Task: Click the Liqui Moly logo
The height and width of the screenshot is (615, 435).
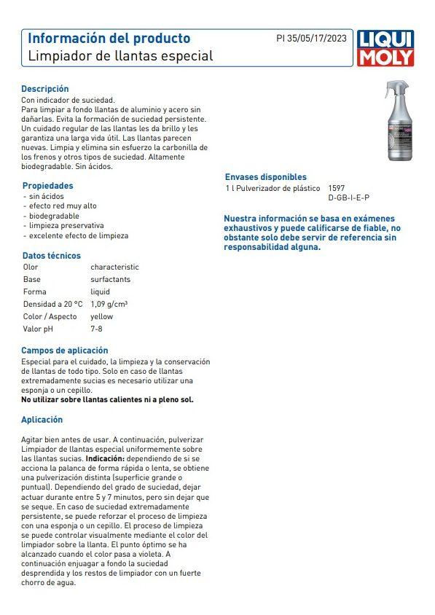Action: pos(385,48)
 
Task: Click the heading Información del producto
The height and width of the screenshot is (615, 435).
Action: pos(109,38)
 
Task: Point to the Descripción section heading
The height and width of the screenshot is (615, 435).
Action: pos(45,89)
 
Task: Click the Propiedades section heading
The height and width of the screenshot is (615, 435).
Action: pos(47,186)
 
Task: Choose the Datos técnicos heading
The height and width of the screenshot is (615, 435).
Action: pos(52,256)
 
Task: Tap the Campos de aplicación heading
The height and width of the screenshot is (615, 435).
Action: pos(64,350)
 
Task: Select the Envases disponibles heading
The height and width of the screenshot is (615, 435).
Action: pos(265,177)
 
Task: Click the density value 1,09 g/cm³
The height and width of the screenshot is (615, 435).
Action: pos(109,304)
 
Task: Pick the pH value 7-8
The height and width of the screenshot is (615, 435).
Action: pos(97,329)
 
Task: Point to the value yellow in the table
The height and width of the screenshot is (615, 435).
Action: pos(101,317)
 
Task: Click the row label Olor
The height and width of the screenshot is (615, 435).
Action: pos(31,267)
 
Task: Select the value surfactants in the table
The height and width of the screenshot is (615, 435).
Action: pos(110,279)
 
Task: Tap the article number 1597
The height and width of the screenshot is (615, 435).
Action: pos(336,188)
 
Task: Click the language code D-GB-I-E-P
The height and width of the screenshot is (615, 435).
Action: pos(348,197)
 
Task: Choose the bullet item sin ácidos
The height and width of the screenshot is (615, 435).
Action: pos(47,197)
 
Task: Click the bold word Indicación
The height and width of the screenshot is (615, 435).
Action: pos(105,459)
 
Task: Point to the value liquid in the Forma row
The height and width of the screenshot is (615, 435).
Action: pos(100,291)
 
